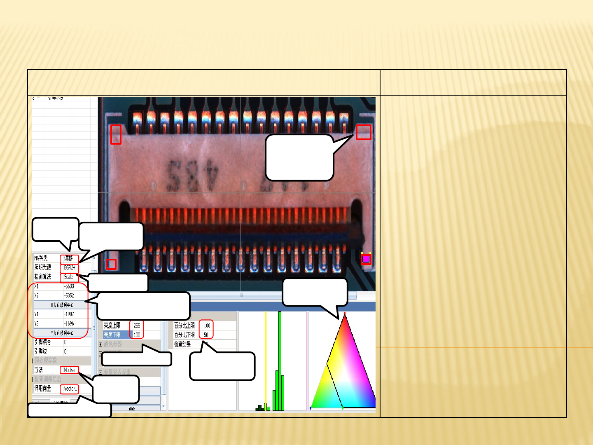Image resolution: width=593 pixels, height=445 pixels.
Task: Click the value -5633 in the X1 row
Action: (69, 286)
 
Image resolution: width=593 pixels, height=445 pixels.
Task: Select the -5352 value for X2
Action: (69, 295)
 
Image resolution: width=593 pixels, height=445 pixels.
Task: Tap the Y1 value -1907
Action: (69, 314)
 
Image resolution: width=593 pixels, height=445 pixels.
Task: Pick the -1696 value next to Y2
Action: (69, 323)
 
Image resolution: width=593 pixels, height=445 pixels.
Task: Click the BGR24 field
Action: (69, 268)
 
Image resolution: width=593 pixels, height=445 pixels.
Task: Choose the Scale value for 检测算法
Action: (69, 277)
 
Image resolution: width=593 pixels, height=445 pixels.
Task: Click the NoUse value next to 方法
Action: (69, 370)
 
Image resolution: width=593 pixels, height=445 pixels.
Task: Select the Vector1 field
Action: (70, 389)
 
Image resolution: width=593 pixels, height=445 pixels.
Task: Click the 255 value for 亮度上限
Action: (137, 326)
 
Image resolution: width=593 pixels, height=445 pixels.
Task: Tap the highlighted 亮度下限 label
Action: (112, 335)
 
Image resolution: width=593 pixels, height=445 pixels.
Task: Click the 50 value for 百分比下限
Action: (206, 335)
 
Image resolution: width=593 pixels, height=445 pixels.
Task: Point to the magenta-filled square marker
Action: (366, 259)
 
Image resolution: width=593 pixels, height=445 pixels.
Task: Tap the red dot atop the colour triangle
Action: (344, 314)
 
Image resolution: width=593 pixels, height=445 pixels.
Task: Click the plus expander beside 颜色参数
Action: (100, 344)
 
